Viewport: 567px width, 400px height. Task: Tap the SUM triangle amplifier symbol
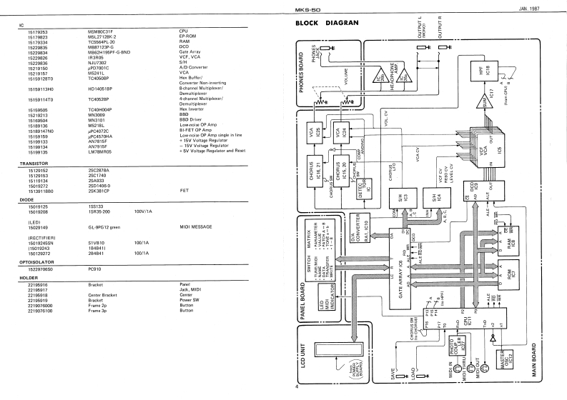click(488, 106)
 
